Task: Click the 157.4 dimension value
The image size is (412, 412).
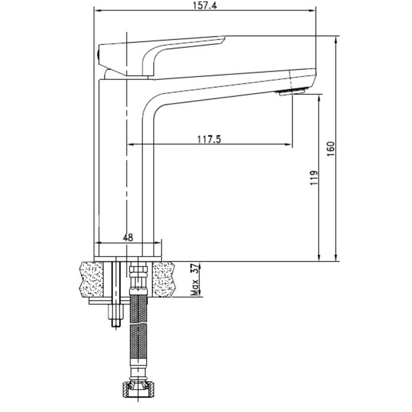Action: point(205,5)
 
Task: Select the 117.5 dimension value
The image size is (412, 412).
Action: point(209,139)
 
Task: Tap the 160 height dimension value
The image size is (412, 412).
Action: point(331,149)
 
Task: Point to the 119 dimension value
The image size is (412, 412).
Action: point(314,178)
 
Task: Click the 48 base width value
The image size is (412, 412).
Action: point(128,238)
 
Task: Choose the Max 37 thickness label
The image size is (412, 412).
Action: point(195,280)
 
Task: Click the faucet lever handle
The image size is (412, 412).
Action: point(162,56)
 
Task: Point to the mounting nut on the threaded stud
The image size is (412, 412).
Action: point(116,312)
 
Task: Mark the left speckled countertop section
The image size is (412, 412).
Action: point(91,280)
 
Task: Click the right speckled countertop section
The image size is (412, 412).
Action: point(164,280)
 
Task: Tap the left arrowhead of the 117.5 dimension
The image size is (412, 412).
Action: point(131,144)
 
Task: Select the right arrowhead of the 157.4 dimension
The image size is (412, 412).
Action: point(312,11)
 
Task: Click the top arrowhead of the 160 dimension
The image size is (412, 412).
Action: point(335,40)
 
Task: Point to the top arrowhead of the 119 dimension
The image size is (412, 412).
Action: point(319,98)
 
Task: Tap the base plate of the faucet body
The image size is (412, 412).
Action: point(128,259)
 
